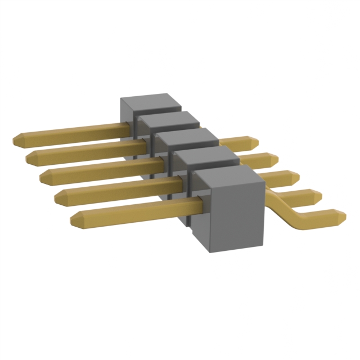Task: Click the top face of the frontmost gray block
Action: (228, 180)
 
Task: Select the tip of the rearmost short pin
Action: (251, 141)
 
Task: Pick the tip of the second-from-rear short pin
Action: (273, 159)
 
